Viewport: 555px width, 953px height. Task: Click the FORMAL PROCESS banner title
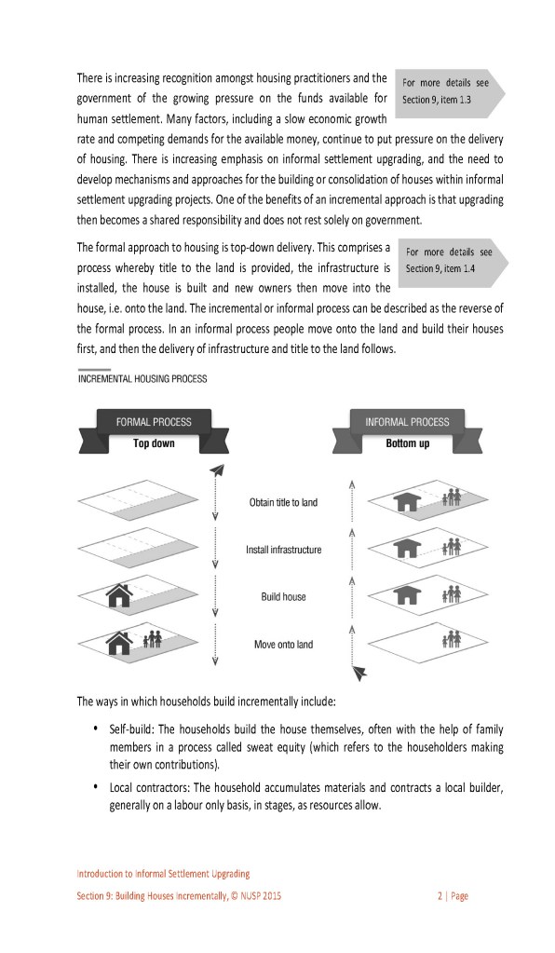point(154,422)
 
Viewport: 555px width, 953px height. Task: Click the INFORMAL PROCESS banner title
point(407,422)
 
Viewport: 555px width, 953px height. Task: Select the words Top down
point(154,443)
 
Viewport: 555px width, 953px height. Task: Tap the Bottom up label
point(408,443)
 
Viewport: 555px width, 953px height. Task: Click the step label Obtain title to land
point(283,503)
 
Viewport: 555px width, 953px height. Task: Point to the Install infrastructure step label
point(284,550)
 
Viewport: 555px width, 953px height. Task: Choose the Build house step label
point(284,597)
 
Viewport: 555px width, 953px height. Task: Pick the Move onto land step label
point(284,645)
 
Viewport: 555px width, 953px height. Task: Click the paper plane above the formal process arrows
point(217,470)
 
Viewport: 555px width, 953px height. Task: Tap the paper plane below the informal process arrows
point(359,673)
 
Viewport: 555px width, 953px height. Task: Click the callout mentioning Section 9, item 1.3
point(450,92)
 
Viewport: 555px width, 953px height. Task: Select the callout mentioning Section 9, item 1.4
point(453,261)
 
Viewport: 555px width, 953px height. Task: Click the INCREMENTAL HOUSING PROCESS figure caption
point(142,378)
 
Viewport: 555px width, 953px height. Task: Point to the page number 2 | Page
point(453,896)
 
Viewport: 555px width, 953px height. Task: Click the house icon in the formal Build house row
point(119,595)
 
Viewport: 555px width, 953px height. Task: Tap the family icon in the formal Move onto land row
point(153,639)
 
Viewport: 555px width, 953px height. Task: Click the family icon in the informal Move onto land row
point(451,639)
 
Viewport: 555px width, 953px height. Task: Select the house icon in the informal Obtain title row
point(407,501)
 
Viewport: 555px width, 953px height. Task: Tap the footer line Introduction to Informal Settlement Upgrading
point(163,874)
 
